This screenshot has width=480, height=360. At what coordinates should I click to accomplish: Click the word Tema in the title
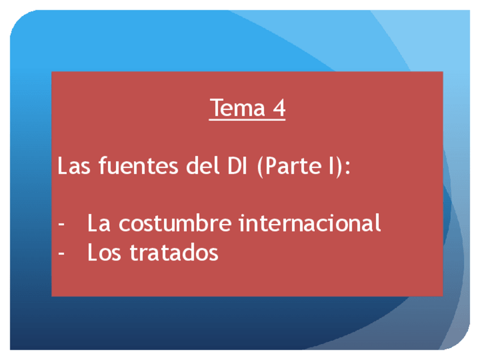238,108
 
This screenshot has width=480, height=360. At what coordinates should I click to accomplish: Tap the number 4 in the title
279,108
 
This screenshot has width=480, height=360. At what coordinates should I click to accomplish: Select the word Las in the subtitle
74,166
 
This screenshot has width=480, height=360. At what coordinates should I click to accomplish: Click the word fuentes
138,165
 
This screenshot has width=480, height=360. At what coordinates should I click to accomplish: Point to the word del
203,165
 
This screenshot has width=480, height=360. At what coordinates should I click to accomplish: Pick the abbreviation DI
237,166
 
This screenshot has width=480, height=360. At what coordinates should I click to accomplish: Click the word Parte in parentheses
293,166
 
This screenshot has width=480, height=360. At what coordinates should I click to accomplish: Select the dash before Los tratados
61,254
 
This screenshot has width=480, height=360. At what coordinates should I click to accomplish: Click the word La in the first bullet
98,223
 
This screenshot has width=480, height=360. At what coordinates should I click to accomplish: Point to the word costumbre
175,222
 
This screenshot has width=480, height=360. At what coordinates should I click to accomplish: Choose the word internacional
310,222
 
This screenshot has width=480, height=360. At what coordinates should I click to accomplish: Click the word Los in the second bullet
104,252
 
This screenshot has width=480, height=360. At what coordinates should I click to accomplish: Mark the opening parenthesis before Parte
260,166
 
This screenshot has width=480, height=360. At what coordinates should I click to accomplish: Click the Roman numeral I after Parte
331,166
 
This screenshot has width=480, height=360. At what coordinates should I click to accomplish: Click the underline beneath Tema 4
247,119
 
